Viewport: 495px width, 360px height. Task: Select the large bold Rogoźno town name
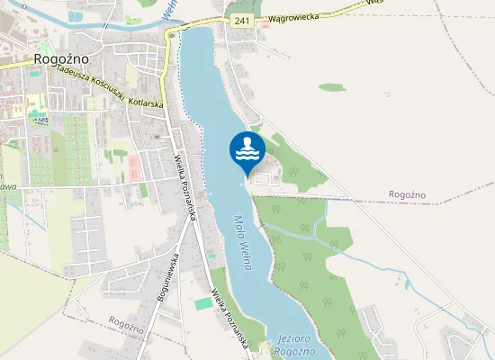point(59,58)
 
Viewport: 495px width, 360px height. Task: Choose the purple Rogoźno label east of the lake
point(406,194)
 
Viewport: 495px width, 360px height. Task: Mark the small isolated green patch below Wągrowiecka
point(331,87)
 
